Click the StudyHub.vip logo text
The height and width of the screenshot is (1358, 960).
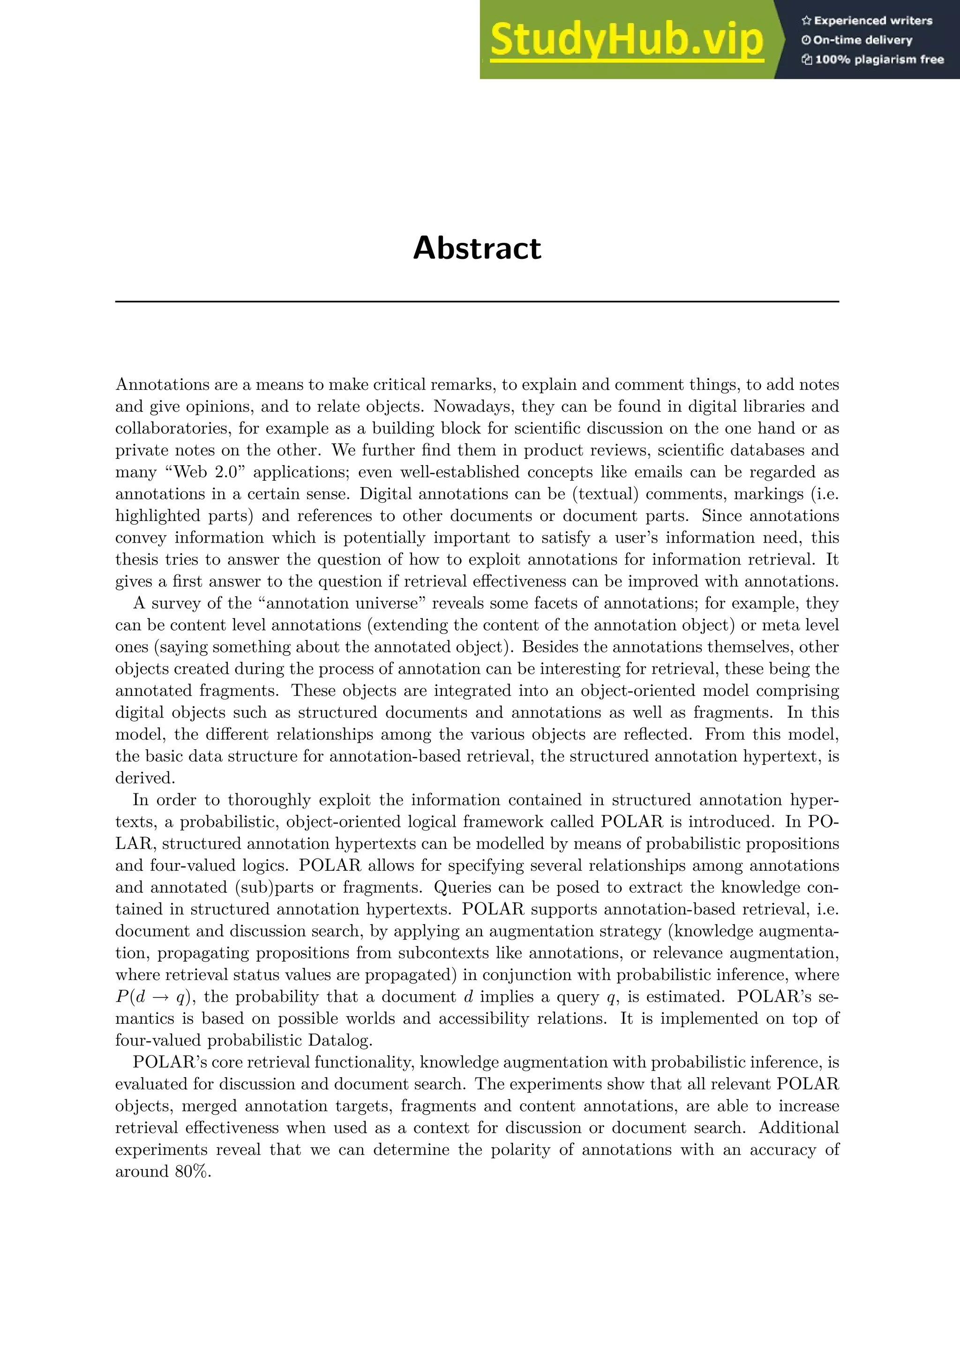pyautogui.click(x=627, y=40)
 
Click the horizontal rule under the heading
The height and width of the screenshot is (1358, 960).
pyautogui.click(x=477, y=302)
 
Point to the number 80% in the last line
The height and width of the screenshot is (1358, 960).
pyautogui.click(x=192, y=1172)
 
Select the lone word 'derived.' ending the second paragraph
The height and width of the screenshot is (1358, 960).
pyautogui.click(x=145, y=778)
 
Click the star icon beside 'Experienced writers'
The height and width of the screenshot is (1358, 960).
pyautogui.click(x=806, y=21)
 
